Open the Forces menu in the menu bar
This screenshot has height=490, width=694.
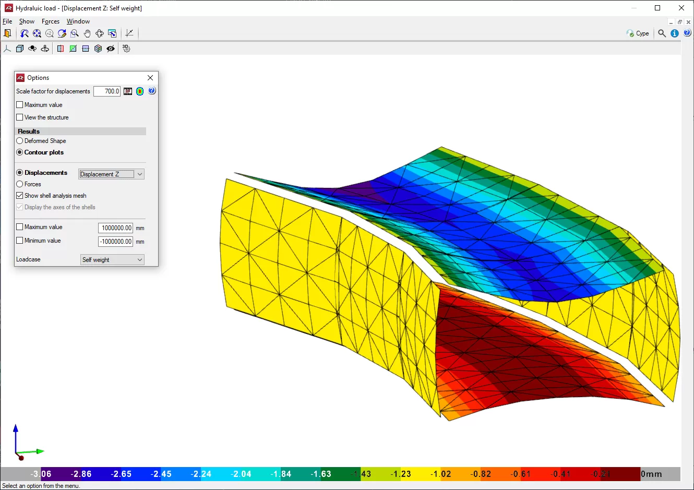click(x=51, y=21)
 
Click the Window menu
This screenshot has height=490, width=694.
click(x=78, y=21)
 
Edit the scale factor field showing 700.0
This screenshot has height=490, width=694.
click(x=107, y=91)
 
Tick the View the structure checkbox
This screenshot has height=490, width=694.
click(x=19, y=117)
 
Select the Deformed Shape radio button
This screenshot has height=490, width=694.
click(x=19, y=141)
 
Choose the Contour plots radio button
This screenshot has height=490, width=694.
click(x=19, y=152)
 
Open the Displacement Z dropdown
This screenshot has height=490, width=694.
click(x=111, y=174)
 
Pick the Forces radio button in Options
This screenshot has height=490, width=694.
click(x=19, y=184)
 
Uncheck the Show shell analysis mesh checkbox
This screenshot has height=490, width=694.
click(x=19, y=196)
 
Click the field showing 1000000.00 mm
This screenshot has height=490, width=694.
click(x=115, y=228)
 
